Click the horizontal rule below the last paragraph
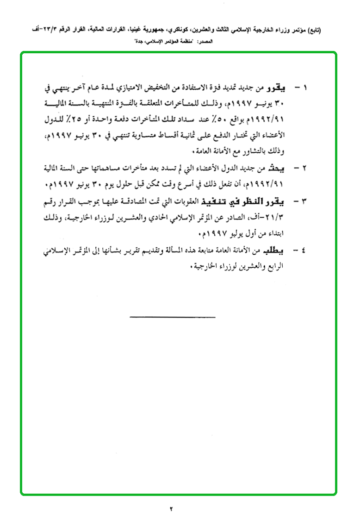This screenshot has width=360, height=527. click(173, 317)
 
